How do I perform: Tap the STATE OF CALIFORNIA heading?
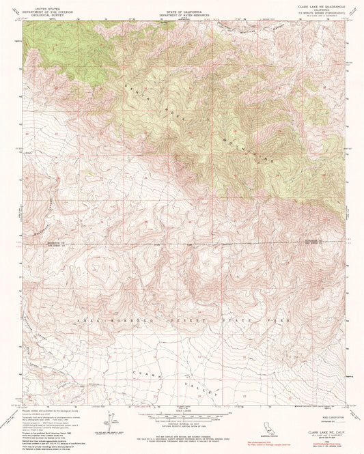tap(181, 4)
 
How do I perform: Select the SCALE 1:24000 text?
tap(181, 410)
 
